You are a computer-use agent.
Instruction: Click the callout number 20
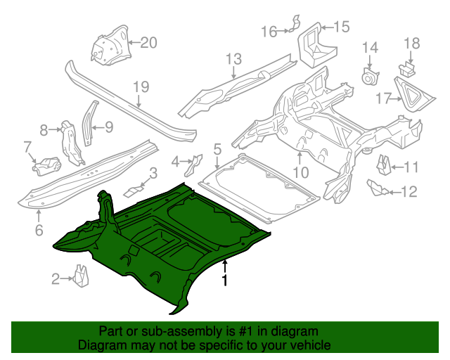pyautogui.click(x=148, y=41)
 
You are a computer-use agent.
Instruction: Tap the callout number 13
pyautogui.click(x=233, y=59)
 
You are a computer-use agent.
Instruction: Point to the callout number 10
pyautogui.click(x=300, y=172)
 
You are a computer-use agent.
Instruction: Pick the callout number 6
pyautogui.click(x=39, y=229)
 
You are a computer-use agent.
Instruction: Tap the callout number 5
pyautogui.click(x=217, y=148)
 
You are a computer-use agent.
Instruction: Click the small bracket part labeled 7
pyautogui.click(x=46, y=167)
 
